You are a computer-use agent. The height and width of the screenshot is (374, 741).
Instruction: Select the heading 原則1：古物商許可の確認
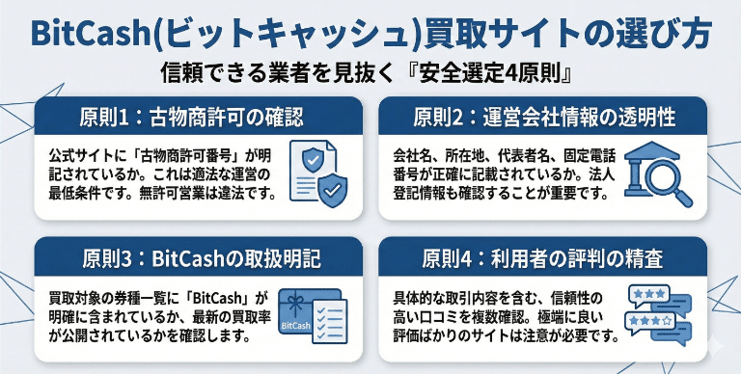click(x=191, y=118)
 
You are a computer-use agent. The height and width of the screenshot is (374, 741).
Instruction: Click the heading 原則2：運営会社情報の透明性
click(x=544, y=118)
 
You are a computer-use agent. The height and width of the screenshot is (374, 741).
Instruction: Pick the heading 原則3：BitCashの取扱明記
click(x=191, y=258)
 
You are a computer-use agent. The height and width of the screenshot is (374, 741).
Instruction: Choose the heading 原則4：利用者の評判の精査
click(x=544, y=258)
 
